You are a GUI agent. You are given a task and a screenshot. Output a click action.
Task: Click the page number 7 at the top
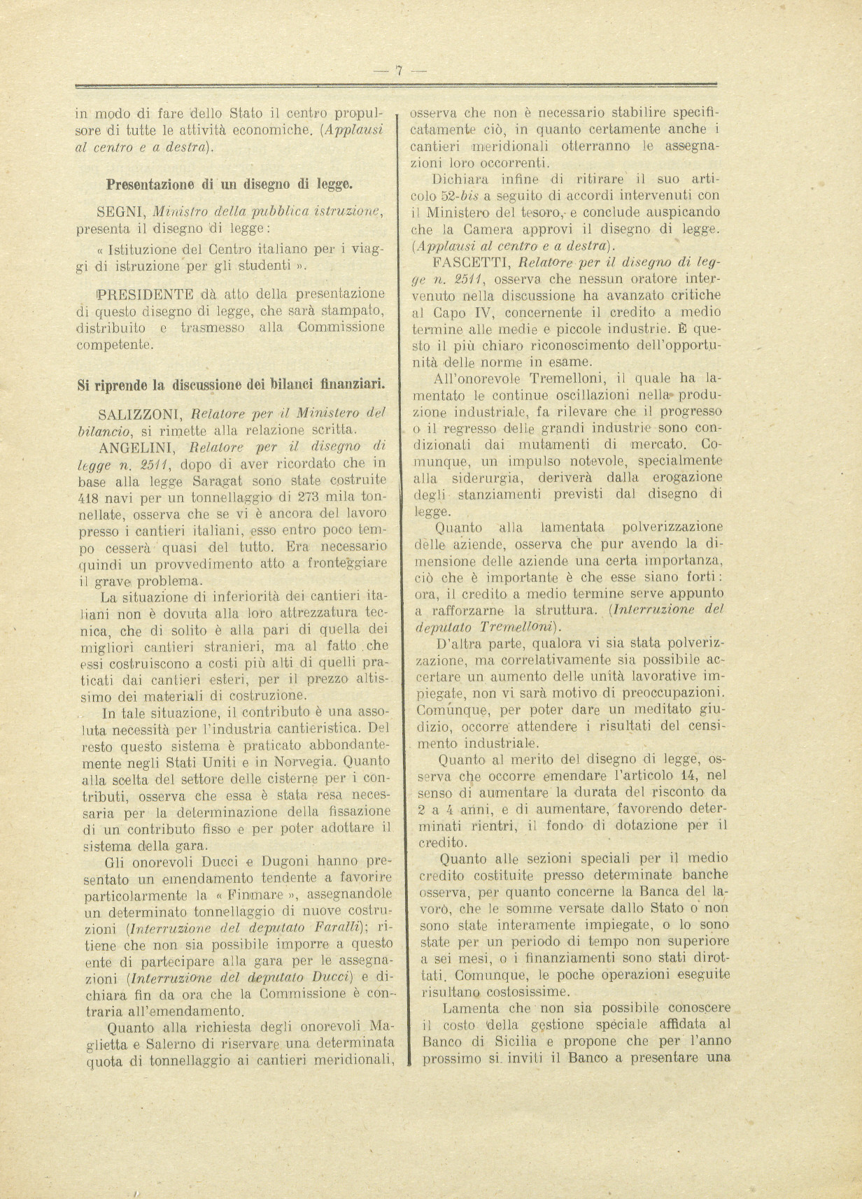click(x=399, y=71)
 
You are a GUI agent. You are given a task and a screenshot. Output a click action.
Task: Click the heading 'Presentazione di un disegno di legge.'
click(x=229, y=185)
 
